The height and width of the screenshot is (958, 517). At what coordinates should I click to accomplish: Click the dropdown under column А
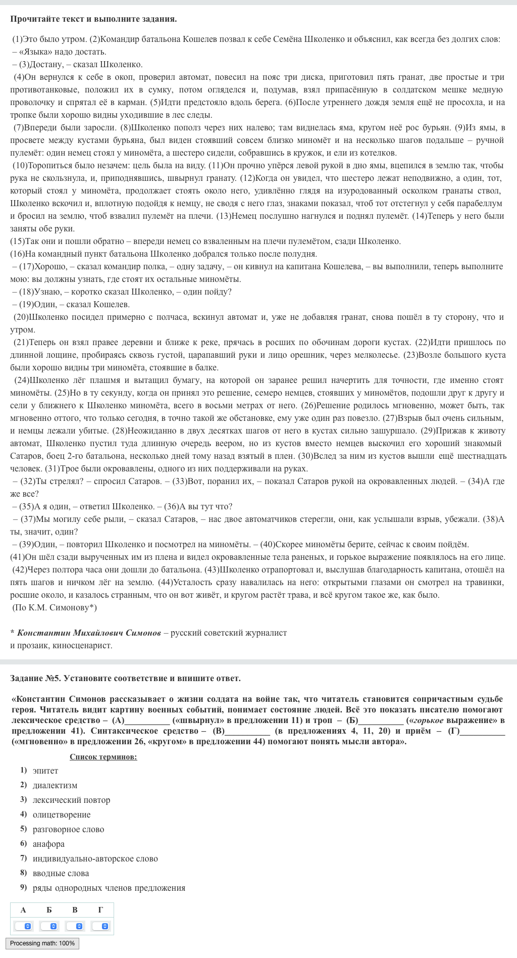pyautogui.click(x=23, y=926)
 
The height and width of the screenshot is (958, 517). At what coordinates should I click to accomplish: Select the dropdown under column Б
pyautogui.click(x=49, y=926)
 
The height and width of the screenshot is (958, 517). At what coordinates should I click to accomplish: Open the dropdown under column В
pyautogui.click(x=75, y=926)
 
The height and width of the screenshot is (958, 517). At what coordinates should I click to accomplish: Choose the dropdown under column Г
pyautogui.click(x=100, y=926)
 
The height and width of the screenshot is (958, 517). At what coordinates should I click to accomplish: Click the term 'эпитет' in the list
pyautogui.click(x=45, y=771)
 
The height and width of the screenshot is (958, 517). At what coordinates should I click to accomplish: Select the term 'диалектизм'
pyautogui.click(x=55, y=785)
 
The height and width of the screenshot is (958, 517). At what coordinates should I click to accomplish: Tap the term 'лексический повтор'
pyautogui.click(x=71, y=800)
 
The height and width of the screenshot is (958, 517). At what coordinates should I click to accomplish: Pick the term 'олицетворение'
pyautogui.click(x=62, y=815)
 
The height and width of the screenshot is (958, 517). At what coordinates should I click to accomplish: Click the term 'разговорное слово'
pyautogui.click(x=68, y=829)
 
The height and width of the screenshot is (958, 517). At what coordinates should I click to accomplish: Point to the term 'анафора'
pyautogui.click(x=48, y=844)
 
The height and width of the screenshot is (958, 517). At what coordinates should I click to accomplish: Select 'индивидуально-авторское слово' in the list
pyautogui.click(x=95, y=858)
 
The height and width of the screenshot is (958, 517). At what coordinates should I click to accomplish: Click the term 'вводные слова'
pyautogui.click(x=61, y=873)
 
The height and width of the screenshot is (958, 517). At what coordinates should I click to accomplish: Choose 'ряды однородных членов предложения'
pyautogui.click(x=109, y=888)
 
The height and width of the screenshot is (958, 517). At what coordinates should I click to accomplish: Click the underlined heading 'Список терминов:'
pyautogui.click(x=103, y=756)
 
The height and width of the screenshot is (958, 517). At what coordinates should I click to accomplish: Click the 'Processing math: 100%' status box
pyautogui.click(x=42, y=943)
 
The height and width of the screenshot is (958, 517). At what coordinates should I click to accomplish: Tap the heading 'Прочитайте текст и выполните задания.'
pyautogui.click(x=93, y=19)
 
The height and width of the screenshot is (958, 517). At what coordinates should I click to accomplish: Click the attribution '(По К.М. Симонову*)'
pyautogui.click(x=55, y=607)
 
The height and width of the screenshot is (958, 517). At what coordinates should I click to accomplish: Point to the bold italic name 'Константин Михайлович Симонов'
pyautogui.click(x=89, y=633)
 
